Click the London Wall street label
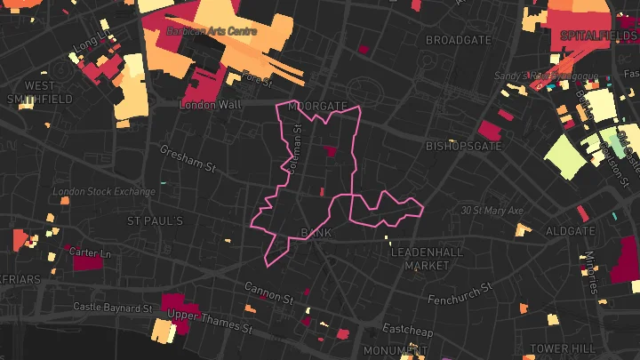[211, 105]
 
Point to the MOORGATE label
[318, 106]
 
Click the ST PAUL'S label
[155, 220]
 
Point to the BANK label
[316, 233]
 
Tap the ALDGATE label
[569, 230]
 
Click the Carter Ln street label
[91, 253]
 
